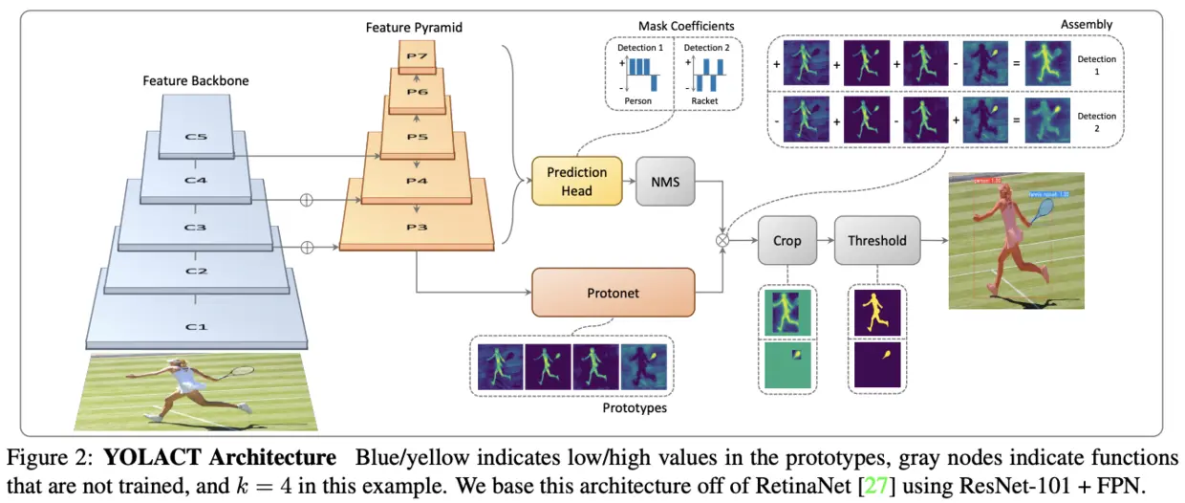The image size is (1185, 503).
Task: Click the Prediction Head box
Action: pos(577,181)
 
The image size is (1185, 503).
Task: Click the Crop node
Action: pos(786,241)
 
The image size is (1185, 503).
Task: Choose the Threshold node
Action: pos(876,241)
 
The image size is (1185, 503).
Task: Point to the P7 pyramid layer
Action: pos(417,56)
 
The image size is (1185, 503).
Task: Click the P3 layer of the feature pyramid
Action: pos(416,228)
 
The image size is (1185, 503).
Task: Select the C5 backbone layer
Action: pos(195,138)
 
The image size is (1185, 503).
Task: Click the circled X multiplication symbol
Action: pos(723,241)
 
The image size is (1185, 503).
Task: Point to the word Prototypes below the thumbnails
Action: pos(635,407)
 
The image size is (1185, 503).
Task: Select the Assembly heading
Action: pos(1087,23)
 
